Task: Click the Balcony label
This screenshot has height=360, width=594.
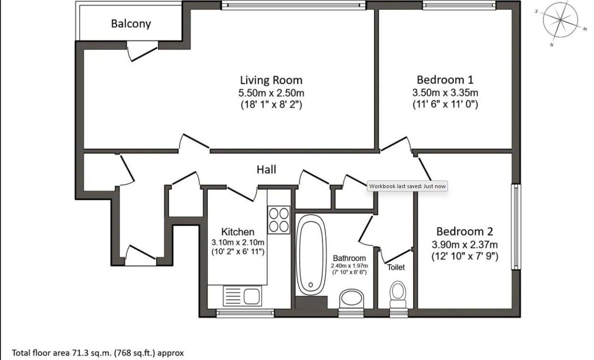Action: pos(131,24)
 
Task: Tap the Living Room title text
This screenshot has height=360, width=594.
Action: pos(271,80)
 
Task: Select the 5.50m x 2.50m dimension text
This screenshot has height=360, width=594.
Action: pos(271,93)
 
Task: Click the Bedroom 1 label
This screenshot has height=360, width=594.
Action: pos(445,80)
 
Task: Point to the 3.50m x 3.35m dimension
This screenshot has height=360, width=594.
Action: pos(445,92)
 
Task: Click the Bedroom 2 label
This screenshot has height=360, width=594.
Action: pos(465,232)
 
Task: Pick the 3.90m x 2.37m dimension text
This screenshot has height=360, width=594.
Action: pos(465,244)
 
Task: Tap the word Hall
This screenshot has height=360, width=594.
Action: pos(266,169)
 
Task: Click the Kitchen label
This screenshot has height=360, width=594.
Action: pos(238,232)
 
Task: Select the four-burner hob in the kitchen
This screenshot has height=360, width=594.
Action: pos(279,220)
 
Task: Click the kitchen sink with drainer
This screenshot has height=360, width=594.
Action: pos(242,296)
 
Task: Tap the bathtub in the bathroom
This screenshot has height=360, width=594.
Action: pos(311,255)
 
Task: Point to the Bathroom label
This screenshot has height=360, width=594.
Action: pos(349,258)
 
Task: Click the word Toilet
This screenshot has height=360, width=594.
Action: pos(396,267)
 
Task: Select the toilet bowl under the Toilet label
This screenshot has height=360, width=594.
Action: pos(398,295)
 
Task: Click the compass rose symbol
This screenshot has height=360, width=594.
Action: pos(560,20)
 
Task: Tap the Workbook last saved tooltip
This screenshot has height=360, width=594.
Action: pos(407,186)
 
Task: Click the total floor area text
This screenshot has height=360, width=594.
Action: pos(98,353)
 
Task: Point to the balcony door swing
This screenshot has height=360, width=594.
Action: pos(142,52)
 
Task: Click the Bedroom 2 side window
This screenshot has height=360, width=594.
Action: pos(516,227)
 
